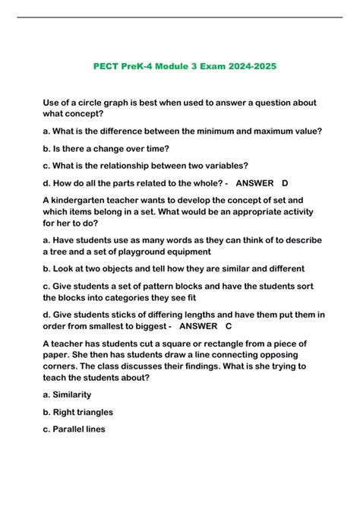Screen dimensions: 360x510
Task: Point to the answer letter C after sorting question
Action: tap(229, 326)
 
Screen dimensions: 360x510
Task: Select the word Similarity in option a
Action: tap(73, 394)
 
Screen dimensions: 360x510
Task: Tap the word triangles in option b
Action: tap(92, 412)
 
